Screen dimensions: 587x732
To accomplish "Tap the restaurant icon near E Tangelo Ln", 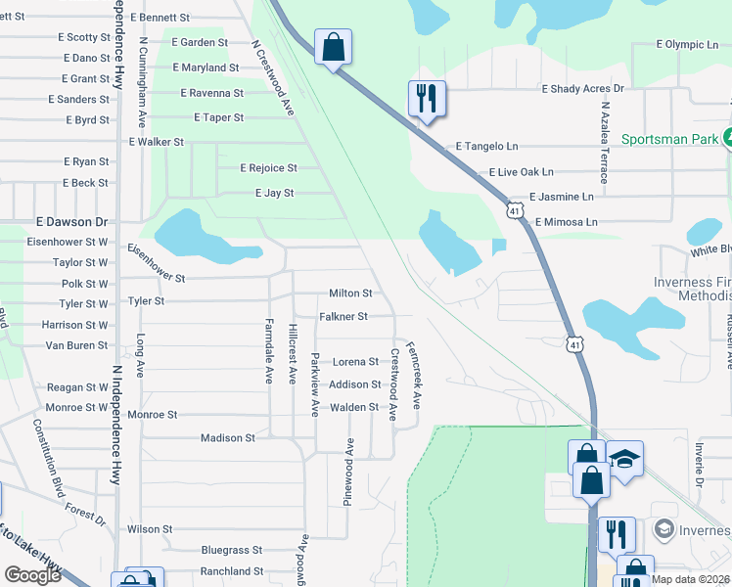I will tap(426, 98).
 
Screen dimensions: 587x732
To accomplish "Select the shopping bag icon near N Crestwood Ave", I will tap(333, 46).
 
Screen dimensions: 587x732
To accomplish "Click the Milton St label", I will tap(350, 293).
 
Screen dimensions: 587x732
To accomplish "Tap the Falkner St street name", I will tap(343, 317).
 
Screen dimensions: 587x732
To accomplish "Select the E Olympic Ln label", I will tap(687, 45).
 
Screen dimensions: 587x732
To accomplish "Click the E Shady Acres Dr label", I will tap(582, 88).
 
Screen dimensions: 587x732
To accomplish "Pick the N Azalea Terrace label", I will tap(606, 142).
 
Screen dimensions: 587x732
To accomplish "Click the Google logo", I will tap(32, 575).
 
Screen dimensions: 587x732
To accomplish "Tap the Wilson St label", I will tap(150, 529).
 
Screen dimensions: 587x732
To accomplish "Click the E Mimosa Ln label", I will tap(566, 222).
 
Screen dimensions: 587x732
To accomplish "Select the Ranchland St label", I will tap(232, 571).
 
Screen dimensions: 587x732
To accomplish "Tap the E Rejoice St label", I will tap(268, 168).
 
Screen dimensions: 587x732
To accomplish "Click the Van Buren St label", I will tap(75, 345).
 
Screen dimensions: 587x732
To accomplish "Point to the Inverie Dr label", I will tap(700, 465).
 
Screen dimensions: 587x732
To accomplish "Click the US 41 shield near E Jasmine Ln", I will tap(516, 210).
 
